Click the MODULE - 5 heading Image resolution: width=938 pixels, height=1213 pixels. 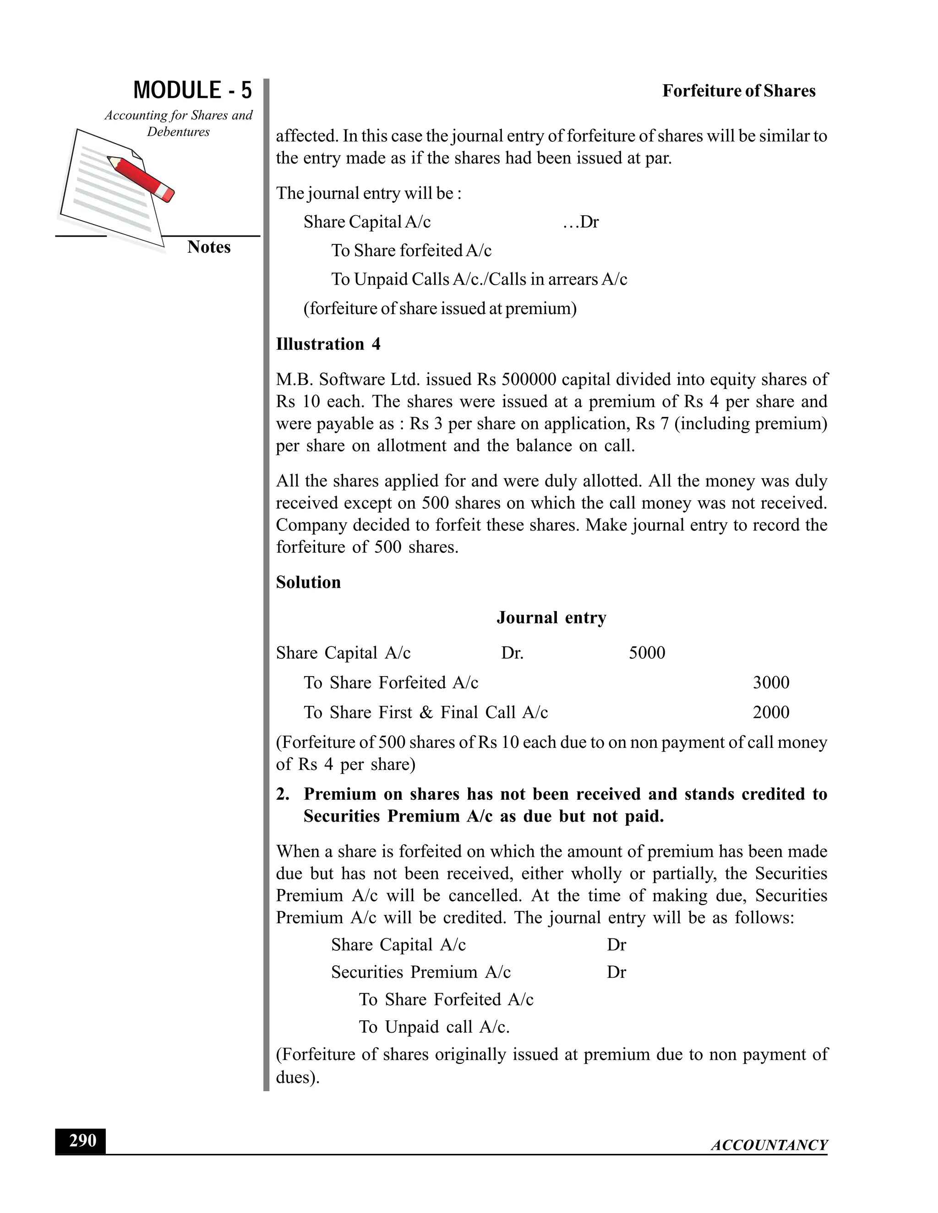click(x=192, y=90)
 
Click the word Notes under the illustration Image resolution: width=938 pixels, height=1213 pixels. click(x=208, y=247)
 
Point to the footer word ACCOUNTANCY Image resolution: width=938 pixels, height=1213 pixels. click(x=769, y=1145)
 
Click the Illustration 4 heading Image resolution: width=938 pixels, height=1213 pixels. click(x=328, y=344)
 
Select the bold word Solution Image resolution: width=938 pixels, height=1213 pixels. click(x=308, y=583)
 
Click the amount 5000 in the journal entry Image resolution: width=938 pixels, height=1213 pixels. click(x=647, y=653)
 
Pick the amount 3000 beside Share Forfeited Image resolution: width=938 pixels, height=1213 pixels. click(x=771, y=682)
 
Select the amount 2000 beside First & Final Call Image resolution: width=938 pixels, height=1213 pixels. click(x=771, y=713)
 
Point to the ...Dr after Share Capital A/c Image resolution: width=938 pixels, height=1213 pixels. click(x=581, y=222)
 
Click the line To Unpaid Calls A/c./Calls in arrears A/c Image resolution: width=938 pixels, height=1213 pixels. click(x=479, y=279)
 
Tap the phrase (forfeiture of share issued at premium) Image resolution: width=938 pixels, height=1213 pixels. click(x=440, y=308)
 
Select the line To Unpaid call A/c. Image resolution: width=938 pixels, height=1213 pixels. click(x=434, y=1027)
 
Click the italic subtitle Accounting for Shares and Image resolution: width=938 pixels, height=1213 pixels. click(x=178, y=115)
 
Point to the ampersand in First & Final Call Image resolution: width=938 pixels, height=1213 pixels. click(x=426, y=713)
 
